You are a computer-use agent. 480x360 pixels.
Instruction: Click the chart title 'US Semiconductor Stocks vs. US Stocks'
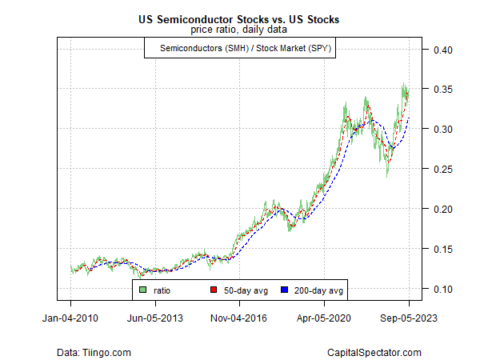coord(240,19)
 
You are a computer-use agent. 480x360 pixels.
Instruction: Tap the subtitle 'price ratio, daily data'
coord(240,30)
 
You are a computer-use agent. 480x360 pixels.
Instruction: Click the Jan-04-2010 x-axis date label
coord(70,317)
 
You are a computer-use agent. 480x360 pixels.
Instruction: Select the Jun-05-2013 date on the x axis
coord(155,317)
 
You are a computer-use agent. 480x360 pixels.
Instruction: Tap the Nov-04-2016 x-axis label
coord(240,317)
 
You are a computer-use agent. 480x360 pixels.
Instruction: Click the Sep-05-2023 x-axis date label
coord(408,317)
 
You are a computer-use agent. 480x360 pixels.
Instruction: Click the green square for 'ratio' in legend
coord(144,290)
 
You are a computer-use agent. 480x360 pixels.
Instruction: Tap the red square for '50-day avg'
coord(214,290)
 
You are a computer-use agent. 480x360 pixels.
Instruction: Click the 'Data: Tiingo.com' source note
coord(94,352)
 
